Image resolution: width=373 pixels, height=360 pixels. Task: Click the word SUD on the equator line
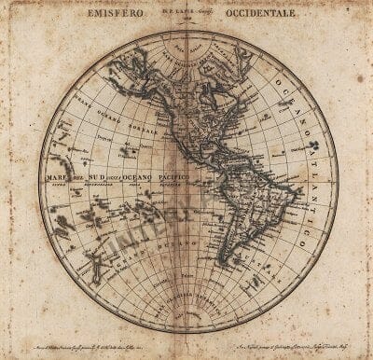tap(99, 176)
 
